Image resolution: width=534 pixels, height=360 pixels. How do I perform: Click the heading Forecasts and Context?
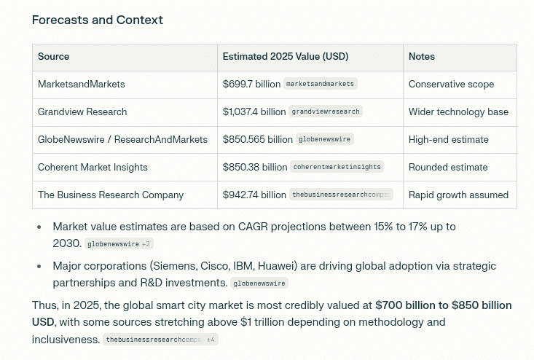(x=98, y=20)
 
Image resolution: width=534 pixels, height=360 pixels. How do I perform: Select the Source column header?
(x=54, y=57)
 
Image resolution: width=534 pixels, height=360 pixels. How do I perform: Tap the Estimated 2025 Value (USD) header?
(x=286, y=57)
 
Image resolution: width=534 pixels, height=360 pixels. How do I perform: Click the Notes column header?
(x=422, y=57)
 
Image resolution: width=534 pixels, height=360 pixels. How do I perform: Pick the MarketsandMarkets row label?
(x=82, y=85)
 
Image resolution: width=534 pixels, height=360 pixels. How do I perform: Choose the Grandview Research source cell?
(x=82, y=112)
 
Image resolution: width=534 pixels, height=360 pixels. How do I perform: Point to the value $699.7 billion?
(x=251, y=85)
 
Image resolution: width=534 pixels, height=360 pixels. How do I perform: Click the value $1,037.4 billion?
(x=254, y=112)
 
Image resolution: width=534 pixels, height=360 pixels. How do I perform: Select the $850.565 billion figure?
(x=258, y=140)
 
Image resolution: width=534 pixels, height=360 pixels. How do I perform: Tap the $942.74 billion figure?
(x=254, y=195)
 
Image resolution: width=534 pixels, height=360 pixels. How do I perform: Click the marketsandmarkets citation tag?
(x=321, y=85)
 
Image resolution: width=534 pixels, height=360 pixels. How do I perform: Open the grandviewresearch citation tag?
(x=326, y=112)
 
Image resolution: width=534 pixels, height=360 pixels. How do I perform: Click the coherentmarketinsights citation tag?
(x=337, y=168)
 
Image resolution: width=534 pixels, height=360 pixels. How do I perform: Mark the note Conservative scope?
(x=451, y=85)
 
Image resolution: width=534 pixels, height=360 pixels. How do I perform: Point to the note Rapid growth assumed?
(x=458, y=195)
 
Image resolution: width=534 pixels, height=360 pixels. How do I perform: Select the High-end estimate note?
(x=448, y=140)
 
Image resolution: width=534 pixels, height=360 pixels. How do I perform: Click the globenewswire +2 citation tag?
(x=119, y=244)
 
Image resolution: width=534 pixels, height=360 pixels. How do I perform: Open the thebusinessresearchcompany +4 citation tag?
(x=160, y=340)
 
